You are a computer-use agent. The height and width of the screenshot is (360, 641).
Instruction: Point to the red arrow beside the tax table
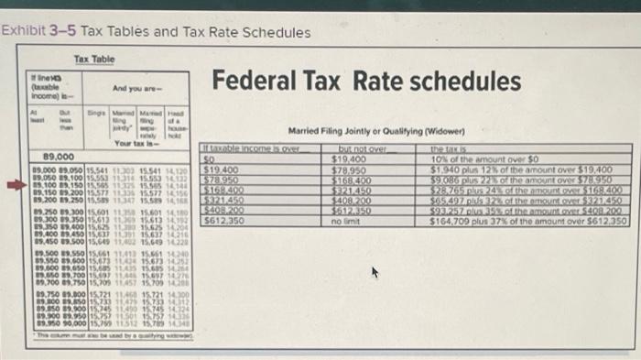pyautogui.click(x=17, y=183)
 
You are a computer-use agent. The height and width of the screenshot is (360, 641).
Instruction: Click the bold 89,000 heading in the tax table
pyautogui.click(x=52, y=158)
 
